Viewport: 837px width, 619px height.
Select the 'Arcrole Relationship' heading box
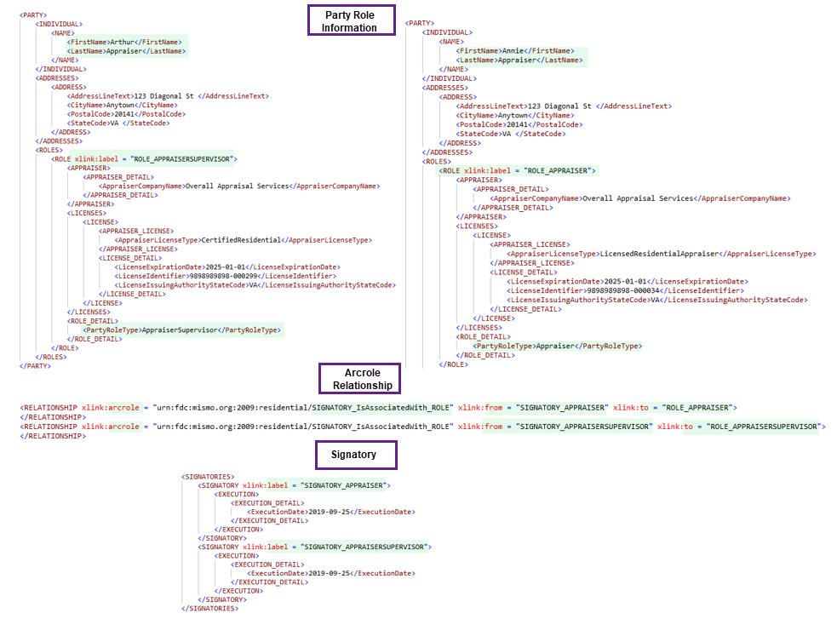pos(359,379)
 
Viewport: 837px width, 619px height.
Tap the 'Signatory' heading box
pos(356,455)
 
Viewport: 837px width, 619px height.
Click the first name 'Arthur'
pos(123,43)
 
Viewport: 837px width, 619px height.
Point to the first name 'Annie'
pos(513,51)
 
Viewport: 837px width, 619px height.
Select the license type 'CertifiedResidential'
pos(241,240)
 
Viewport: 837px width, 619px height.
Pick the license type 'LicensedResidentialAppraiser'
pos(659,254)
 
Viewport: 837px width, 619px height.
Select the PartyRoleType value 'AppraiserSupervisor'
pos(180,330)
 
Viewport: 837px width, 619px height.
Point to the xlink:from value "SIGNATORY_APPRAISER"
pos(562,408)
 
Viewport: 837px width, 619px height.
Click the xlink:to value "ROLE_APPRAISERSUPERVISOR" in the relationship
pos(762,427)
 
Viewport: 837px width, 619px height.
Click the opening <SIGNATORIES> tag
pos(208,477)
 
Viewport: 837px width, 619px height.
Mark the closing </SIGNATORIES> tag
pos(209,608)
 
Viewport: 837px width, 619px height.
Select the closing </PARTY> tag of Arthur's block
pos(35,366)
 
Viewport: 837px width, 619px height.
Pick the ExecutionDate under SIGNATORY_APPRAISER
pos(330,512)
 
